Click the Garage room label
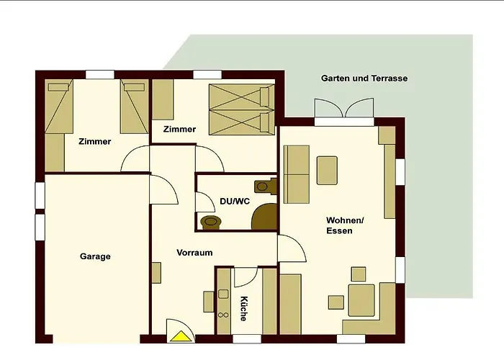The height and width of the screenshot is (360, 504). coord(95,256)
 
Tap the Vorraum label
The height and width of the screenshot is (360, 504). coord(194,253)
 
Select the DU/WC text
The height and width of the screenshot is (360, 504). coord(235,202)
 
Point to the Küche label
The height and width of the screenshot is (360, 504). coord(243,309)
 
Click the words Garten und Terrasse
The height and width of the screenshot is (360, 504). coord(364,78)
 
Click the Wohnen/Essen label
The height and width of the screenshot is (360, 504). coord(345,225)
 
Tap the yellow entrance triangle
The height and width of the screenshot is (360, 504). coord(181,336)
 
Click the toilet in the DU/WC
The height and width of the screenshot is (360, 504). coord(266,186)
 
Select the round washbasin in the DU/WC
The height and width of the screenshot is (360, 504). coord(210,222)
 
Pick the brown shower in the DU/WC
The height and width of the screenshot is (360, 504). coord(264,216)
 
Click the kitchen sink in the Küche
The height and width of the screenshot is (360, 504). coord(223,294)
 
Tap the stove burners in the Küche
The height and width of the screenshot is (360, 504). coord(223,315)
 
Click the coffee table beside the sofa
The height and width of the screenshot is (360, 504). coord(327,171)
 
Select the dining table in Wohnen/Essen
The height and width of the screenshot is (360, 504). coord(361,300)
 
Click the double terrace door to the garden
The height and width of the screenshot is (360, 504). coord(344,108)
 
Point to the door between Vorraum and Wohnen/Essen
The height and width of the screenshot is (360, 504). coord(292,248)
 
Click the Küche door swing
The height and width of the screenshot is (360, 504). coord(246,276)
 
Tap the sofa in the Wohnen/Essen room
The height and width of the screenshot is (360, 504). coord(297,174)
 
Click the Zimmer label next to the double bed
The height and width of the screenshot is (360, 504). coord(179,129)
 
